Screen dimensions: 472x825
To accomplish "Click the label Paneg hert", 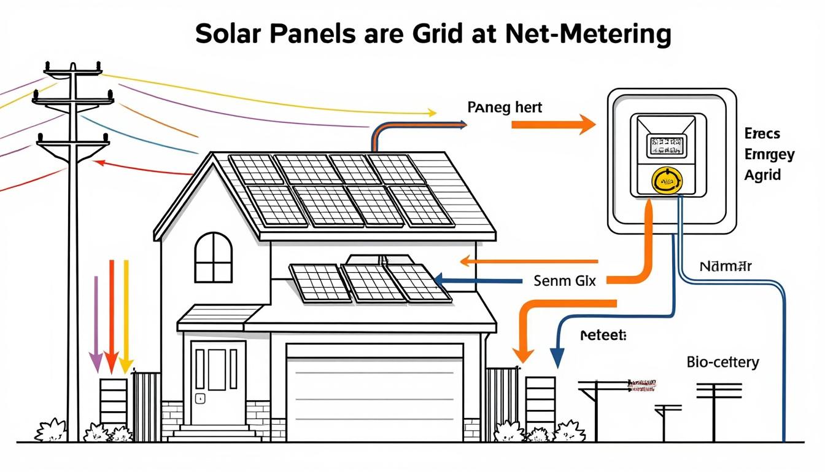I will coord(505,108).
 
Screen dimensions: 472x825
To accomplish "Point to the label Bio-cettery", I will coord(723,361).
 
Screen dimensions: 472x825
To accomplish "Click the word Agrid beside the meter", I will coord(762,175).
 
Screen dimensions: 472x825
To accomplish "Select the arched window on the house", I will coord(214,257).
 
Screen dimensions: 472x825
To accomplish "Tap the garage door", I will coord(374,393).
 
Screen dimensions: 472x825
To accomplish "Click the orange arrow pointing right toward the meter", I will coord(552,125).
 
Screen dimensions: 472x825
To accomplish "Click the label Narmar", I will coord(726,267).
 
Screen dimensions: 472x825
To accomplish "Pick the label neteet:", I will coord(602,336).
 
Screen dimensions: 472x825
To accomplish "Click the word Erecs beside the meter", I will coord(762,133).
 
